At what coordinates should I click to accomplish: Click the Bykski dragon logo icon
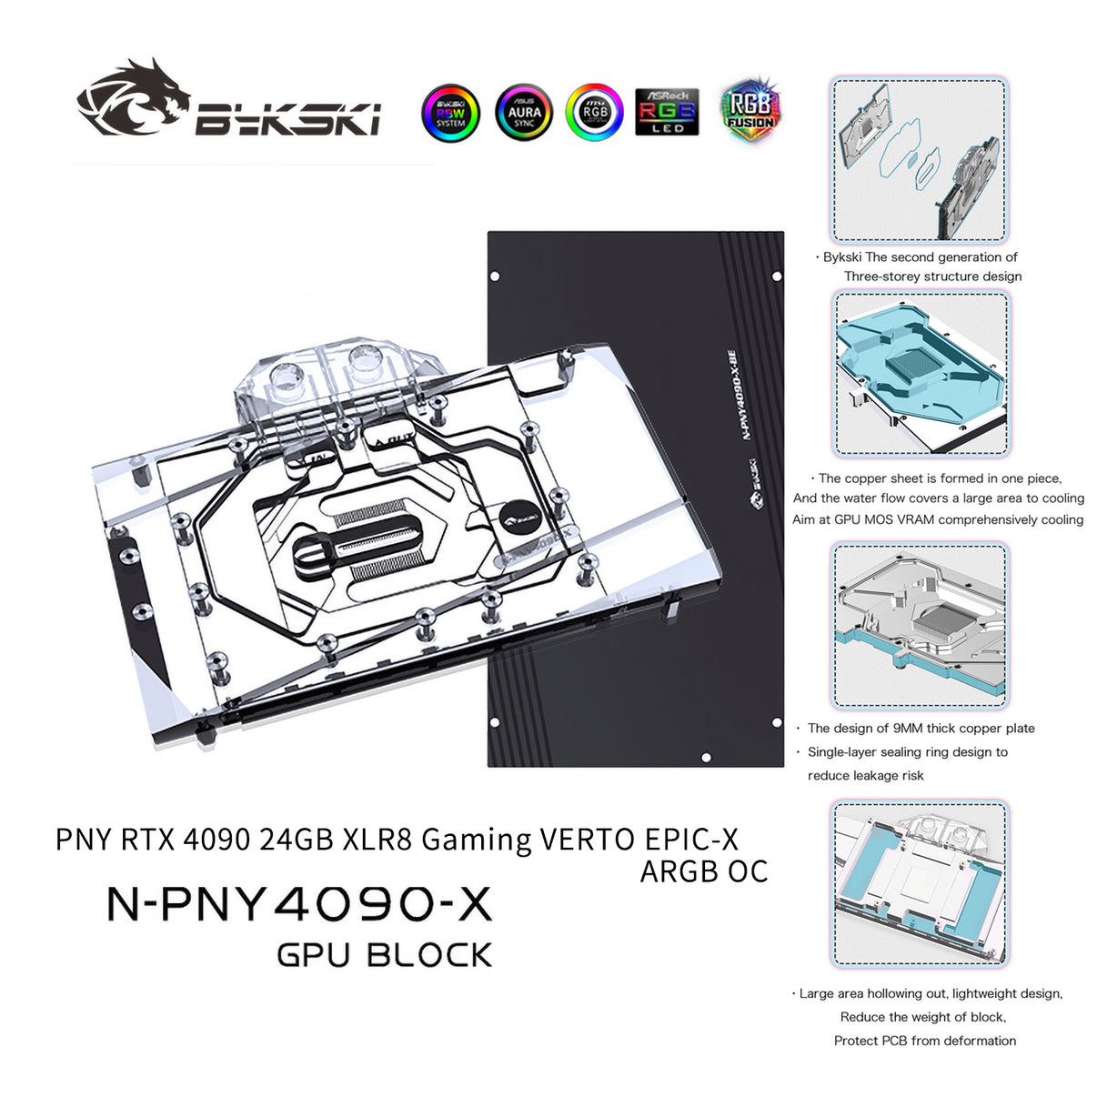click(133, 98)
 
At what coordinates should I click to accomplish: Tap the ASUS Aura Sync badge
click(524, 113)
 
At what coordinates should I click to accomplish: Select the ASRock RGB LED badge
click(667, 112)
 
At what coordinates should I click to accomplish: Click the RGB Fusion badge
click(750, 111)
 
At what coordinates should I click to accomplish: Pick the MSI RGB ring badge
click(594, 112)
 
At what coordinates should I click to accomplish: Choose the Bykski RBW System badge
click(450, 113)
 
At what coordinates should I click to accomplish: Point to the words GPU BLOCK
click(384, 955)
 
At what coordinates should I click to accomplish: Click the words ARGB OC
click(704, 871)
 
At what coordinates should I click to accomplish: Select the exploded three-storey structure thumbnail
click(920, 160)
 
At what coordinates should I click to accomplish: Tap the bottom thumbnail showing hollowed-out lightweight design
click(920, 883)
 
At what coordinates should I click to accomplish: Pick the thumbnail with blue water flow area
click(920, 374)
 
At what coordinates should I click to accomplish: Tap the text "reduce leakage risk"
click(865, 776)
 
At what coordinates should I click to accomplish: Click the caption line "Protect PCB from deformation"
click(925, 1041)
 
